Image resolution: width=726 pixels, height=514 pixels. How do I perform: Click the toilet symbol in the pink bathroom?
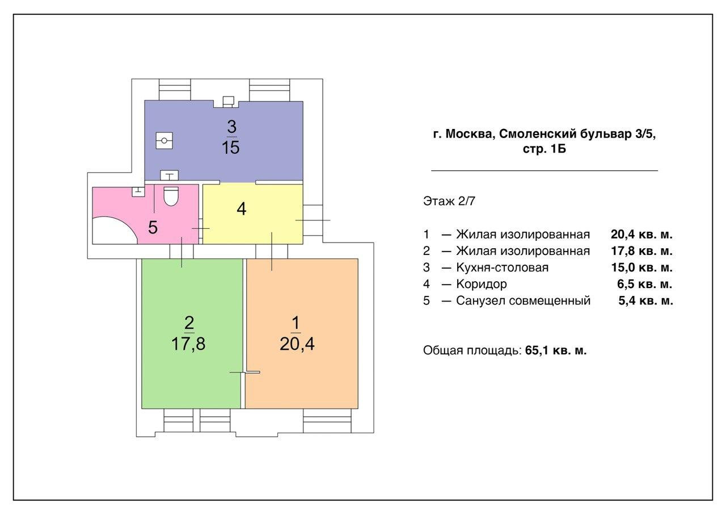coord(171,195)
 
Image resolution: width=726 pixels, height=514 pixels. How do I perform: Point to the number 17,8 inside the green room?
coord(189,344)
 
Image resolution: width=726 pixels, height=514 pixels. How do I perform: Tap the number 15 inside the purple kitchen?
coord(231,148)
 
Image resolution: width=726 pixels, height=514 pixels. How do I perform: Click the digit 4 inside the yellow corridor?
coord(242,209)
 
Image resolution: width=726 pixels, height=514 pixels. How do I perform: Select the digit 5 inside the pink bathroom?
coord(153,227)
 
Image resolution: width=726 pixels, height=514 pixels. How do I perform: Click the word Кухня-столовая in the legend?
coord(503,268)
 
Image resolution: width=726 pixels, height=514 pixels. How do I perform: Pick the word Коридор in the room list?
coord(481,284)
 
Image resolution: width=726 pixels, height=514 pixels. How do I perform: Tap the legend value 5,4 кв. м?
coord(645,301)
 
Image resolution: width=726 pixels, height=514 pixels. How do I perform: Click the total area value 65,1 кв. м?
coord(556,350)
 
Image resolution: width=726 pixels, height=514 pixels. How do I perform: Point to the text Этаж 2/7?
coord(445,201)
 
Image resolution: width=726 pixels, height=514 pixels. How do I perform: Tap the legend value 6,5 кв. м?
coord(645,284)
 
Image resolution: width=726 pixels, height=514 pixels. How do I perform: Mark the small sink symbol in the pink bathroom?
coord(137,191)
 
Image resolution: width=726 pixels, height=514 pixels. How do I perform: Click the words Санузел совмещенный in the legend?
coord(523,301)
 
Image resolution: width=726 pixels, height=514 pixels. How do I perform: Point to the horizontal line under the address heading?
coord(544,170)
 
